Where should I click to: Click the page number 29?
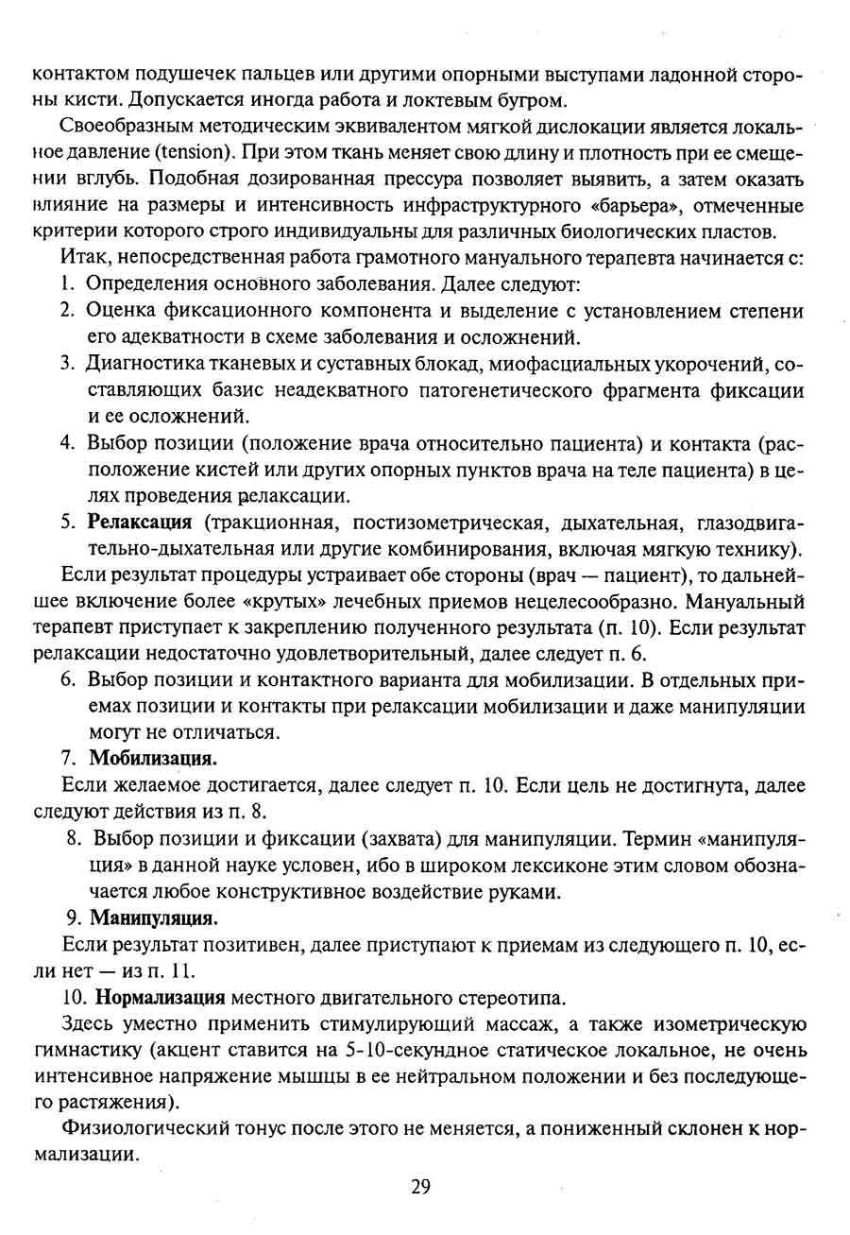point(421,1187)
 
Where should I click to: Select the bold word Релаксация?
point(140,522)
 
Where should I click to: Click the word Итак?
point(82,257)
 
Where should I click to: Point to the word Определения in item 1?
point(139,283)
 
